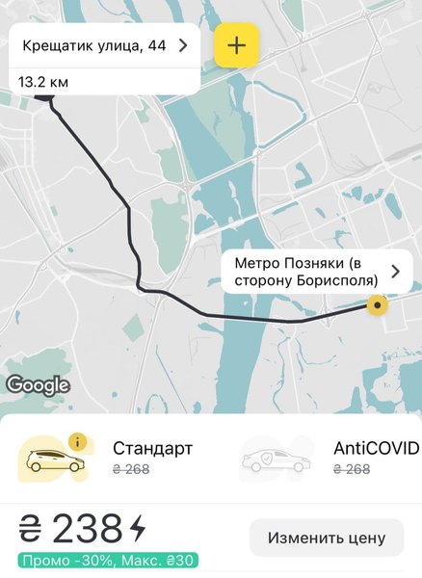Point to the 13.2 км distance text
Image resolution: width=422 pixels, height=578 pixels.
(x=43, y=82)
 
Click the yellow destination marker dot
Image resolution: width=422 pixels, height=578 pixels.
(x=378, y=306)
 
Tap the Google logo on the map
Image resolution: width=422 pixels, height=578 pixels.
(x=38, y=385)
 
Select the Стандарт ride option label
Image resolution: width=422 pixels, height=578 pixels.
(x=152, y=448)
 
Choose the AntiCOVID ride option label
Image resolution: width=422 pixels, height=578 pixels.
(x=376, y=448)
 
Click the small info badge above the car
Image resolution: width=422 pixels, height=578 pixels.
(x=78, y=442)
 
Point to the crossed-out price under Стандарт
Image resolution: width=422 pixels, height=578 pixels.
(x=132, y=469)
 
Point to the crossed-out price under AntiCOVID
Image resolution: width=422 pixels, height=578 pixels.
(x=352, y=469)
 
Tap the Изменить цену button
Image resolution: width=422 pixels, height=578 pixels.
(x=327, y=538)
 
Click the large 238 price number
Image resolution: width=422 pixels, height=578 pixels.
(x=88, y=529)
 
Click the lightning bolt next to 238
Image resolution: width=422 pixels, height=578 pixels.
(x=138, y=529)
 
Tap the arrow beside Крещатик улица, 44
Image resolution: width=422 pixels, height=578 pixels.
(x=182, y=44)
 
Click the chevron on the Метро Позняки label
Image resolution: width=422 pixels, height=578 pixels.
(x=394, y=272)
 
